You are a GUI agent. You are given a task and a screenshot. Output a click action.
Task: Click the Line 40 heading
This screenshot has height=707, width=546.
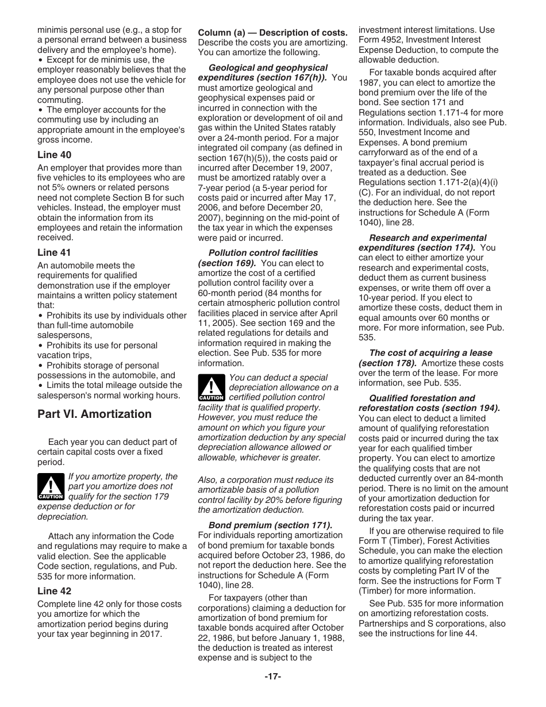55,155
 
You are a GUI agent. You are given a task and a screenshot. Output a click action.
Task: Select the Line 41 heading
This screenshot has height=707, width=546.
55,252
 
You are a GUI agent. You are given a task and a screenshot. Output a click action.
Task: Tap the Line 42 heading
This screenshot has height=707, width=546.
55,591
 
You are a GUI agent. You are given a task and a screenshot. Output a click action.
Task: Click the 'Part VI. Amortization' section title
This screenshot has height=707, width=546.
94,414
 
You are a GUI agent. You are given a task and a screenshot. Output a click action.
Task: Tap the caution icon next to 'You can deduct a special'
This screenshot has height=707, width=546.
211,388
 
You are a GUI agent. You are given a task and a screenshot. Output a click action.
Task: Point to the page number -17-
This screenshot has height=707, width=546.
272,677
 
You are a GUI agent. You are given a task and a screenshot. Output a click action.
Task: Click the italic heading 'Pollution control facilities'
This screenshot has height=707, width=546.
263,253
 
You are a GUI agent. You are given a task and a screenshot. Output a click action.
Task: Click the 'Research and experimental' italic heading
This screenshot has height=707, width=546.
428,238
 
